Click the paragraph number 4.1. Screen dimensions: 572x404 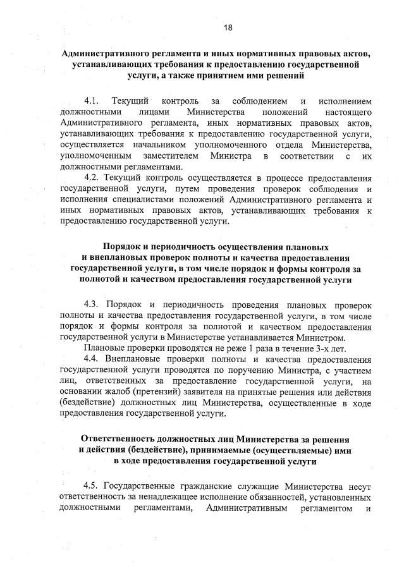(x=92, y=101)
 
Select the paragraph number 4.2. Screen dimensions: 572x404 (x=92, y=179)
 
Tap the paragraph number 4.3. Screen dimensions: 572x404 (x=92, y=304)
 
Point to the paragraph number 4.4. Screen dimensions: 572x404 (x=92, y=360)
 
